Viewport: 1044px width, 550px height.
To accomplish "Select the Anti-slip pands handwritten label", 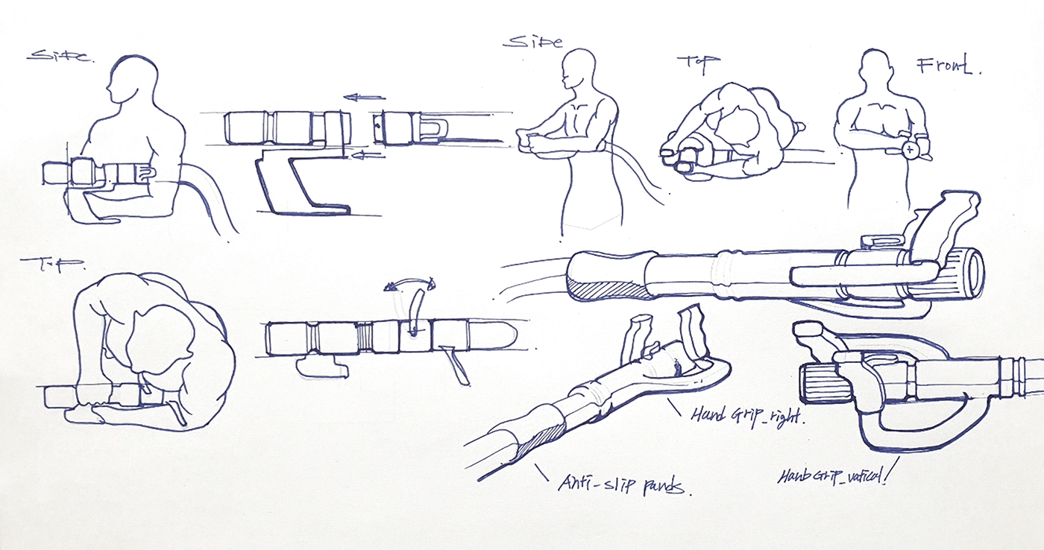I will tap(625, 485).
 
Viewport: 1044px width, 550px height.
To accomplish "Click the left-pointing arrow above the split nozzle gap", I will tap(365, 97).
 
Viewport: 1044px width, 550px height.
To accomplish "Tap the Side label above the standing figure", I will tap(532, 42).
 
